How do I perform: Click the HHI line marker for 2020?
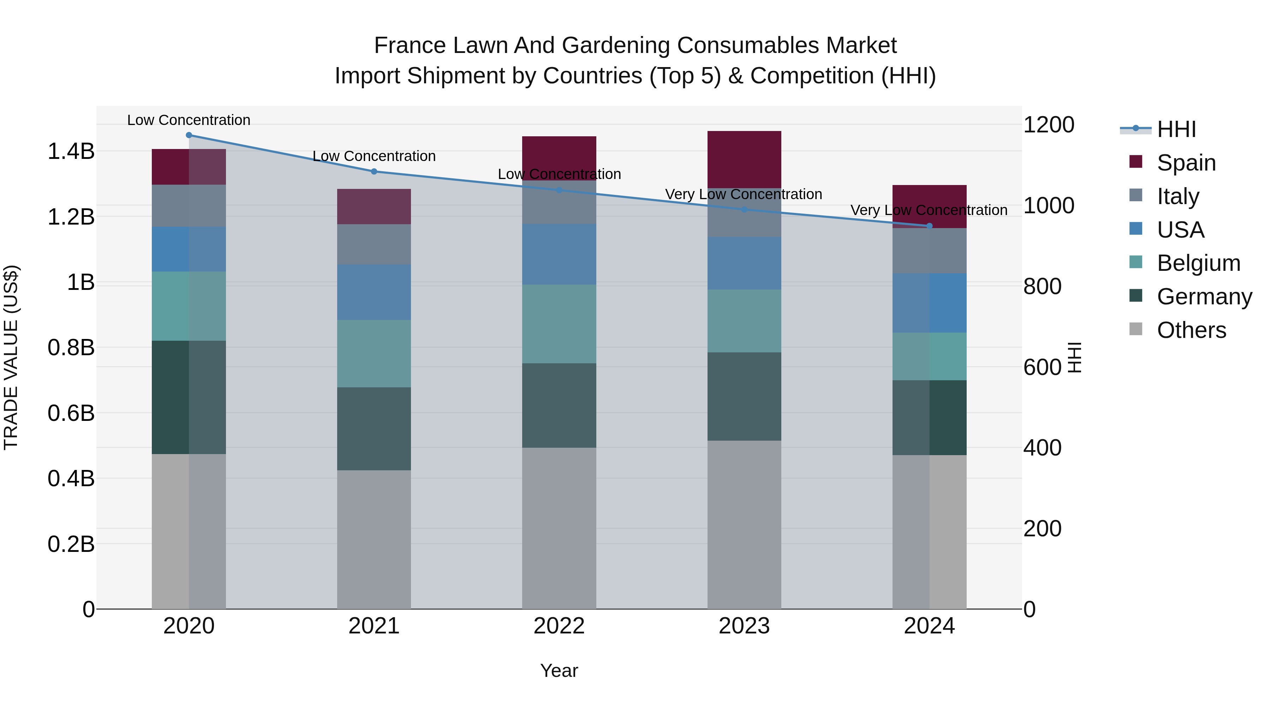coord(189,135)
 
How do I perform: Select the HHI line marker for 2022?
coord(559,190)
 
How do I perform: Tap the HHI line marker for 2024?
coord(929,226)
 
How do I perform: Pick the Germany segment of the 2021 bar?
coord(374,428)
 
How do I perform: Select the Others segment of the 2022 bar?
coord(559,528)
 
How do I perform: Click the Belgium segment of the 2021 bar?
coord(374,353)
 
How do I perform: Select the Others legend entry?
coord(1191,330)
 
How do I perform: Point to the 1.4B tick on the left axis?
coord(71,151)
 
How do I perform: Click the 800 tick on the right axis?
coord(1042,286)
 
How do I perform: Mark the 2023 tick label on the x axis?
coord(744,626)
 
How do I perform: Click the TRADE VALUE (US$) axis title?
coord(11,357)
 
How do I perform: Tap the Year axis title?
coord(559,671)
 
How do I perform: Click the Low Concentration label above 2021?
coord(374,156)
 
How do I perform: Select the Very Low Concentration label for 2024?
coord(929,210)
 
